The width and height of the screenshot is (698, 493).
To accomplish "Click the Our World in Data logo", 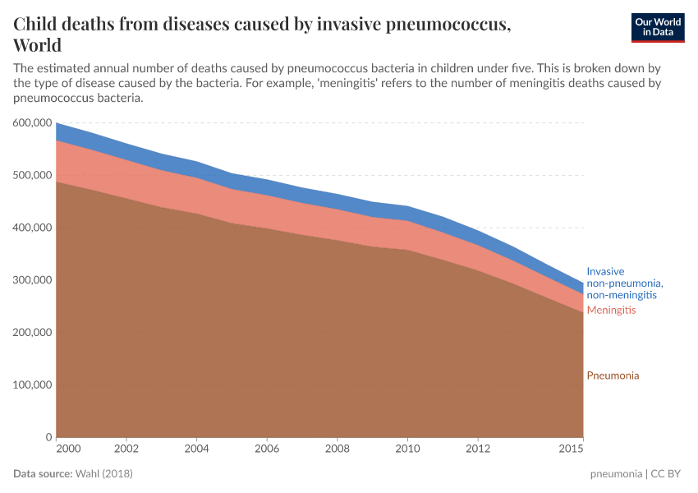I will coord(657,28).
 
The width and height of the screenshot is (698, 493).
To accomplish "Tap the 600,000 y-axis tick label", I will coord(34,122).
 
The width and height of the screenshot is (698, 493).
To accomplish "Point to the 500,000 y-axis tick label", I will coord(34,175).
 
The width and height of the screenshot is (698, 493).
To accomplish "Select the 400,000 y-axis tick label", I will coord(34,228).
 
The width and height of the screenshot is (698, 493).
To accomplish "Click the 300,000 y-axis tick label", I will coord(34,280).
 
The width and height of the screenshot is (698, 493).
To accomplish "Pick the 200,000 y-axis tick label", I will coord(34,333).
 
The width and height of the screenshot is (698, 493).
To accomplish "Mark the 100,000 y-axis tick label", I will coord(34,385).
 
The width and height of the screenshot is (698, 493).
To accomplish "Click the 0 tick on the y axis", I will coord(48,437).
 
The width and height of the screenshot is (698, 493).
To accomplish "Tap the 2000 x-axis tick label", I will coord(68,449).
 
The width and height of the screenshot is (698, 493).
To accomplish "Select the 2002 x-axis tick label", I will coord(126,449).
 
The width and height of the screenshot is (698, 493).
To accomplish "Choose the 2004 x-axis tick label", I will coord(196,449).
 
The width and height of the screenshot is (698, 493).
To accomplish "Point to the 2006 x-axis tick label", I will coord(267,449).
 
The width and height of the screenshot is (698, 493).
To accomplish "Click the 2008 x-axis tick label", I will coord(337,449).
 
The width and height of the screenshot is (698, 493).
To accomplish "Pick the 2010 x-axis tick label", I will coord(407,449).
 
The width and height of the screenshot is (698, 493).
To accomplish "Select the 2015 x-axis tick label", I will coord(571,449).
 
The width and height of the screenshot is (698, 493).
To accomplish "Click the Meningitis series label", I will coord(611,311).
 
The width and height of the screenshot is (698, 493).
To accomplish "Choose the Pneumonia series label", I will coord(613,376).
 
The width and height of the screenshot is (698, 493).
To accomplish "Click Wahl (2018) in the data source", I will coord(103,474).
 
